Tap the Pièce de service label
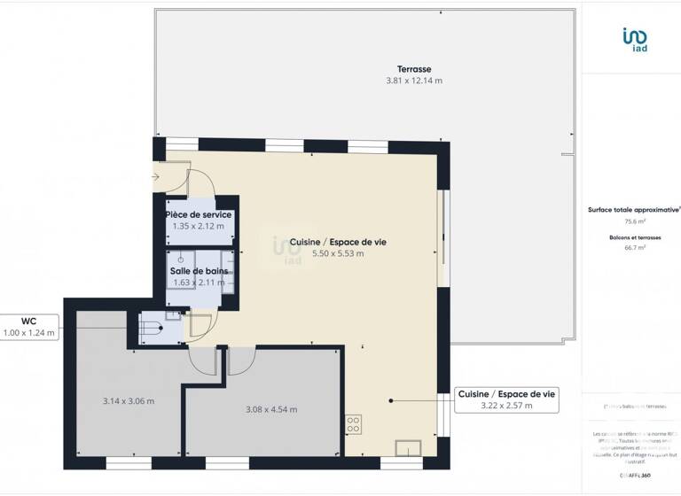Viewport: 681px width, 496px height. pos(199,215)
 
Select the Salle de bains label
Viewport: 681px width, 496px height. pos(199,271)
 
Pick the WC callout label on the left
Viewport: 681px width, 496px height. pos(29,322)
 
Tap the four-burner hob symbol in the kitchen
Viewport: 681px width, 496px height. pos(353,423)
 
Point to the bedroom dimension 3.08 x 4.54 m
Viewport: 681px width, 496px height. pos(270,409)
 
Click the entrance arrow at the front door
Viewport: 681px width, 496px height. pos(156,177)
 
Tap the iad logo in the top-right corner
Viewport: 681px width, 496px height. pos(634,40)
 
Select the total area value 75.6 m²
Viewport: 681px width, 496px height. pos(634,221)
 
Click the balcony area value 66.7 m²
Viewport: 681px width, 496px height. pos(634,249)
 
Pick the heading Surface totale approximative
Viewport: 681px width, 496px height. pos(633,210)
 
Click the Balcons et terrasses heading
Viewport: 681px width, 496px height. pos(634,238)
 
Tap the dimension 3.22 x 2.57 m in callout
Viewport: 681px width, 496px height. pos(507,406)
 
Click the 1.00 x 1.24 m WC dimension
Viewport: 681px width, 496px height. pos(29,333)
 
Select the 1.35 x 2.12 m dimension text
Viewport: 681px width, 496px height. pos(199,227)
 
